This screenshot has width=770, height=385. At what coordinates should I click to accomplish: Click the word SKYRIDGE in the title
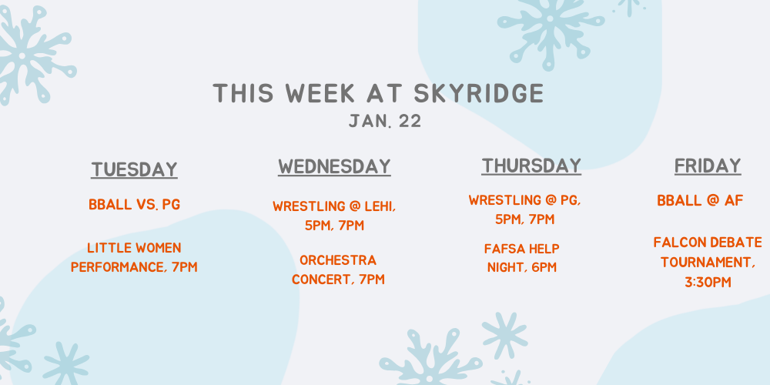[479, 93]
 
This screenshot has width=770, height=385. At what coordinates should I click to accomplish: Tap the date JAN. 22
[385, 122]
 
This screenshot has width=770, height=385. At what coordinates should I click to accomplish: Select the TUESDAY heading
[134, 170]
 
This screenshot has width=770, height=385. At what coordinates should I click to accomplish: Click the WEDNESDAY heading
[334, 166]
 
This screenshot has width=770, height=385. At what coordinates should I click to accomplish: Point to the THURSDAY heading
[531, 166]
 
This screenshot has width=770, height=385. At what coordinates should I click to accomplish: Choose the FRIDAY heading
[708, 166]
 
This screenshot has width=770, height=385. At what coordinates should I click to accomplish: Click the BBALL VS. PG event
[134, 204]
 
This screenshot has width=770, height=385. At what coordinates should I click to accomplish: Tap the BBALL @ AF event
[700, 200]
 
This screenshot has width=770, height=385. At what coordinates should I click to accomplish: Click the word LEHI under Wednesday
[380, 206]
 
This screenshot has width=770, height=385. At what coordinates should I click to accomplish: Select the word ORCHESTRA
[338, 260]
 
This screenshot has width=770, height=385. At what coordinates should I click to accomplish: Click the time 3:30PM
[708, 283]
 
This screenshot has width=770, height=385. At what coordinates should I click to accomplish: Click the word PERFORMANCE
[117, 267]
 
